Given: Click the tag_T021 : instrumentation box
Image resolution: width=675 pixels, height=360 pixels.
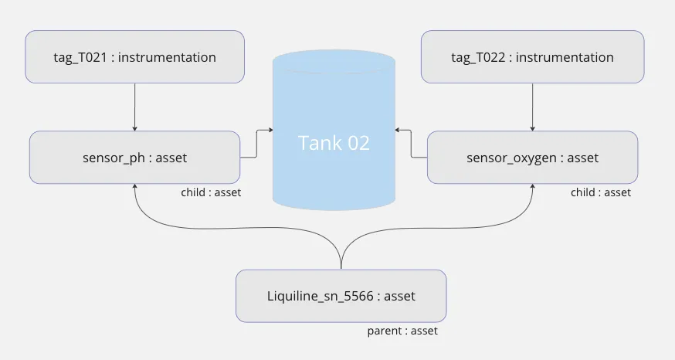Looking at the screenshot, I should click(x=135, y=56).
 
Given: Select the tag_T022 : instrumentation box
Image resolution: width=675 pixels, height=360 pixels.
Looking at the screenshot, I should click(x=532, y=56).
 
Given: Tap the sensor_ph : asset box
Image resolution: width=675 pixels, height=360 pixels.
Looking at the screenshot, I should click(x=134, y=158).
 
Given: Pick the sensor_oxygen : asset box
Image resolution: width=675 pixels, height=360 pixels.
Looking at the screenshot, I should click(x=532, y=158).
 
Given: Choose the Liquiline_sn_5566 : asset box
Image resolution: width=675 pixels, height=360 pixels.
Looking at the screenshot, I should click(x=341, y=296).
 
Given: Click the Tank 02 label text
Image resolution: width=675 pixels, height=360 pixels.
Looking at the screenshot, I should click(x=334, y=143).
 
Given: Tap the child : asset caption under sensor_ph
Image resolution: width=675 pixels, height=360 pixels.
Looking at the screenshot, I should click(x=211, y=192).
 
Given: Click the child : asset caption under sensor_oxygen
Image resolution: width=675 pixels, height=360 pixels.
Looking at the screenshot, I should click(x=601, y=192).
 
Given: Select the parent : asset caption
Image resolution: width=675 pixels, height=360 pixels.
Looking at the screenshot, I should click(x=402, y=331).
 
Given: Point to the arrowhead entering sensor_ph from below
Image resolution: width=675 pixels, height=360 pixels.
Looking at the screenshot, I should click(x=135, y=188).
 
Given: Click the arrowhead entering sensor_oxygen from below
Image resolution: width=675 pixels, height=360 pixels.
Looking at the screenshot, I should click(x=533, y=188).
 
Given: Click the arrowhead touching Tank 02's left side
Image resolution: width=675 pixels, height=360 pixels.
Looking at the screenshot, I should click(x=270, y=130).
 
